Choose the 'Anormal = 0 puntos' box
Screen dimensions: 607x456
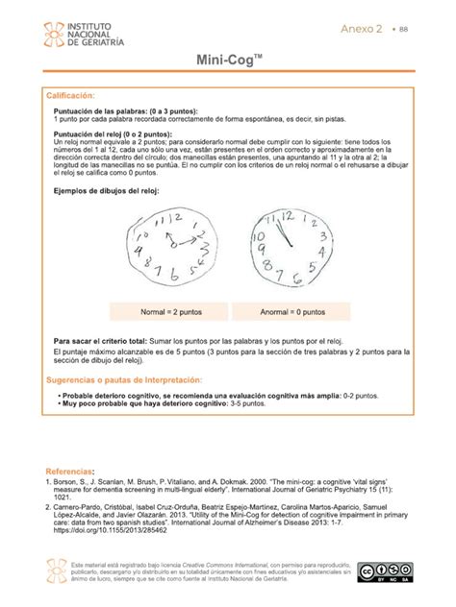click(x=291, y=312)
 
